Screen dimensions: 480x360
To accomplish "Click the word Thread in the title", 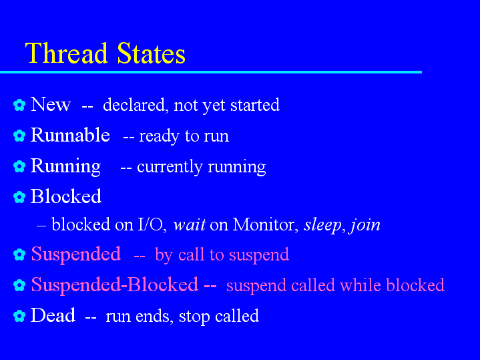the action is (66, 53).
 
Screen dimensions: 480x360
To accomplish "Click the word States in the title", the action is (152, 53).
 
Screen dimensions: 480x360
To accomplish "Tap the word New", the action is (51, 104).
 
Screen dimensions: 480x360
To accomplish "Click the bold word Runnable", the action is (70, 135).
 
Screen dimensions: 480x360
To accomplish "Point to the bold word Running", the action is (65, 166).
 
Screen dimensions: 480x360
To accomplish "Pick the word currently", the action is (170, 167).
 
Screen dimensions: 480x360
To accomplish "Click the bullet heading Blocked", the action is (66, 196).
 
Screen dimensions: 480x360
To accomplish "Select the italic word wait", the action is (190, 225).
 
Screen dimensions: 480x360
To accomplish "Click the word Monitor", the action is (266, 224).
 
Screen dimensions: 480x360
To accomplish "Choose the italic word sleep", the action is (322, 226).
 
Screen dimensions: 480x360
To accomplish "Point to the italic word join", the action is (365, 226).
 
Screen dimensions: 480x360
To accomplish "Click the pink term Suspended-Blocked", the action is (114, 285).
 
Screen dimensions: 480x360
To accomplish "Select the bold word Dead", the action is (53, 315).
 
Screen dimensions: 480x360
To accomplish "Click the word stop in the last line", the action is (194, 317).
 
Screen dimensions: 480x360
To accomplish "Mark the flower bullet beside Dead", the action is (19, 316).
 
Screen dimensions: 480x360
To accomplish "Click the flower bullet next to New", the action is (19, 105).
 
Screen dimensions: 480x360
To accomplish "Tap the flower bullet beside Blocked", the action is (19, 197).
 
